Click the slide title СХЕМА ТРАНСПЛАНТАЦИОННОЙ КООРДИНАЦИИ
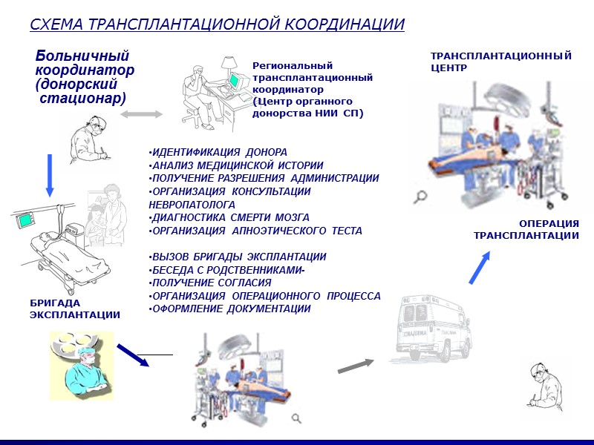tap(217, 24)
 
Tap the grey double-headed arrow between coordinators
tap(141, 113)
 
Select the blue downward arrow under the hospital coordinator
tap(50, 176)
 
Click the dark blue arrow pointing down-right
tap(133, 355)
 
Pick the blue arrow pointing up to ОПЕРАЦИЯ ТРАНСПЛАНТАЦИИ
tap(480, 268)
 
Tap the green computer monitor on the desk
tap(235, 81)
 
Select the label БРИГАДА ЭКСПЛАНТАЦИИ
tap(74, 309)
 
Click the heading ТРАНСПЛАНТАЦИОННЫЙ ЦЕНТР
tap(501, 61)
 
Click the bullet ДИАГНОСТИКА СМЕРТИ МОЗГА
tap(229, 217)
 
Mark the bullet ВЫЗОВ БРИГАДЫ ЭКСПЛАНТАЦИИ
tap(238, 257)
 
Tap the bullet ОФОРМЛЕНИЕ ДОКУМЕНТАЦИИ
tap(230, 309)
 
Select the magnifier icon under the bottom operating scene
tap(296, 419)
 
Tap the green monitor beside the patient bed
tap(27, 220)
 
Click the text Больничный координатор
tap(84, 63)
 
